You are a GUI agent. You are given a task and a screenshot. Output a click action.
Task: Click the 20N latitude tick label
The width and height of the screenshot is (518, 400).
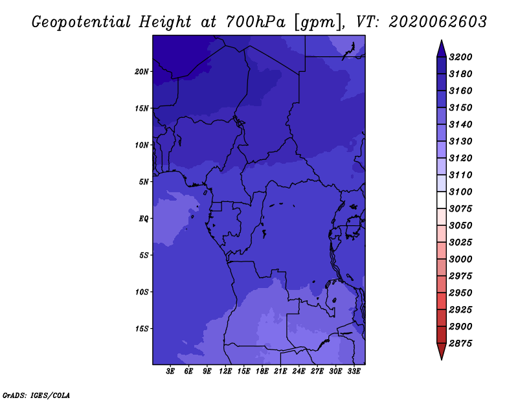pos(142,71)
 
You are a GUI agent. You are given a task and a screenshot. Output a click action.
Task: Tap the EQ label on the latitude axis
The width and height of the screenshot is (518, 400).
pos(144,218)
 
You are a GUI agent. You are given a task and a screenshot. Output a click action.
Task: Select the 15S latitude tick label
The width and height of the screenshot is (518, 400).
pos(142,328)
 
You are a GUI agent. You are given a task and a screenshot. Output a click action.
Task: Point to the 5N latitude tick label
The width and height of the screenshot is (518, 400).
pos(144,181)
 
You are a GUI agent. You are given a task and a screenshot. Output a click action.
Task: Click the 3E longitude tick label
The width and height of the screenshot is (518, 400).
pos(171,372)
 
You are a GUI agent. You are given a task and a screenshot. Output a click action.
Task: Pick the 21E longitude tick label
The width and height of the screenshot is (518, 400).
pos(280,372)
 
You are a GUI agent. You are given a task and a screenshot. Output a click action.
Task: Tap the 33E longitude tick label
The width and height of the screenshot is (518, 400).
pos(354,372)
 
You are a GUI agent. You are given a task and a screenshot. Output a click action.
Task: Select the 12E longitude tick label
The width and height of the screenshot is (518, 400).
pos(225,372)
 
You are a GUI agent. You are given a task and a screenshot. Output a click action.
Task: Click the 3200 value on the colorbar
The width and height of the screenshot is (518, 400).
pos(462,57)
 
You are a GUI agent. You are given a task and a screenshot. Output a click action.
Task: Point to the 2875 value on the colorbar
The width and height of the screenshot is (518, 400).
pos(462,343)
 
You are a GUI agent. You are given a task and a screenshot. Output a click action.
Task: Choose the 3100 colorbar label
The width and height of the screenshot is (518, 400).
pos(462,192)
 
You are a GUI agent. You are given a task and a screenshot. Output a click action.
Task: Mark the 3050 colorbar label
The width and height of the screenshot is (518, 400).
pos(462,225)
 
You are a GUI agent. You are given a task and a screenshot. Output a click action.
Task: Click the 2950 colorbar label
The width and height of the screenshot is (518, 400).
pos(462,293)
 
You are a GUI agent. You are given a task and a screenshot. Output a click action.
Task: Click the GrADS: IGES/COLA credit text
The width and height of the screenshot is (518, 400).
pos(36,394)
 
